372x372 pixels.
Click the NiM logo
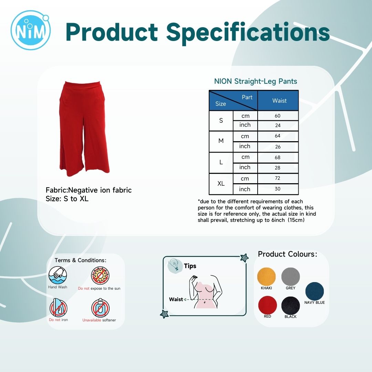click(x=31, y=30)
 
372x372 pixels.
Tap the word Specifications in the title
click(x=248, y=32)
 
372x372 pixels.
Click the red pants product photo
click(x=84, y=129)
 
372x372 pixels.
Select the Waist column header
click(x=279, y=101)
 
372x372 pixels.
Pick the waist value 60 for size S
click(x=278, y=116)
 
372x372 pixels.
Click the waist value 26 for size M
click(x=278, y=147)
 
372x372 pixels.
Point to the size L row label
click(x=221, y=162)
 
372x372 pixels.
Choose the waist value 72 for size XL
click(x=278, y=178)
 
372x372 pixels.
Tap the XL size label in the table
click(x=221, y=184)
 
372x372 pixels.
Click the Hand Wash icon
click(x=58, y=275)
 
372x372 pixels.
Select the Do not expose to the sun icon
click(x=100, y=276)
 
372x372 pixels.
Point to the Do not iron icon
click(x=58, y=308)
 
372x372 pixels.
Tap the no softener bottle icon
click(x=100, y=308)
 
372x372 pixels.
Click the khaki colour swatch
click(x=266, y=277)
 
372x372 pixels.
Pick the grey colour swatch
click(x=291, y=277)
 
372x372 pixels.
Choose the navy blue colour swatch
click(x=314, y=291)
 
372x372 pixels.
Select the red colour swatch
click(x=267, y=305)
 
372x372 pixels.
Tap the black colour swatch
click(x=291, y=306)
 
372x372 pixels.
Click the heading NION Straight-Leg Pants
click(x=256, y=81)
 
